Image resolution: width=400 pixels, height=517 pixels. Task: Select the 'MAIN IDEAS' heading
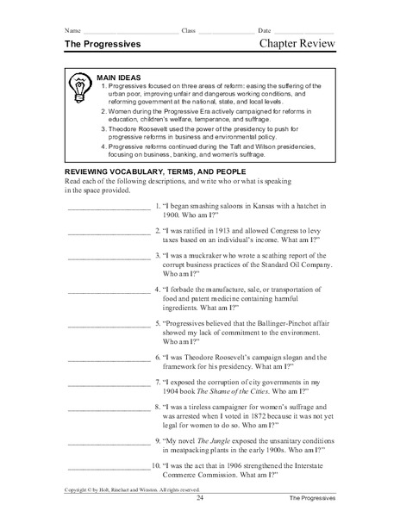122,76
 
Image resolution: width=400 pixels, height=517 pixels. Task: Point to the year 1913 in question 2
234,255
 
